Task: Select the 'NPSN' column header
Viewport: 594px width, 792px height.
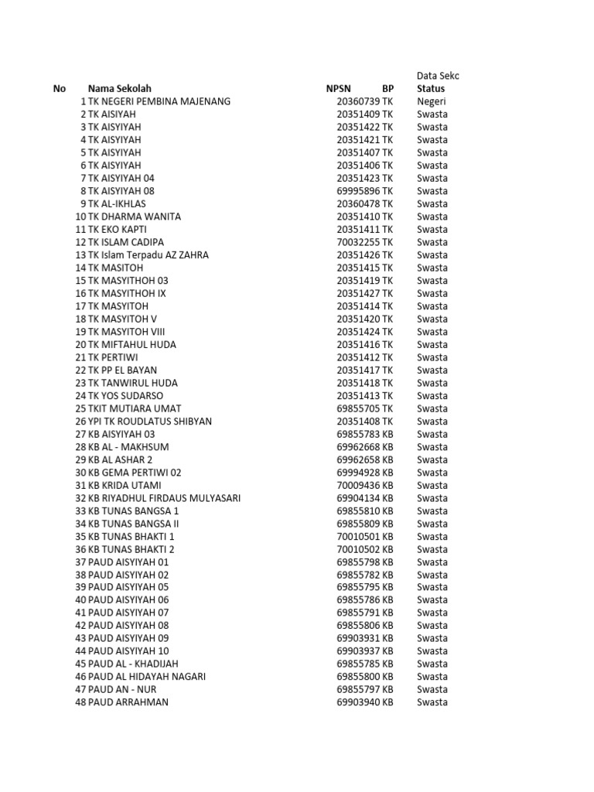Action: coord(338,89)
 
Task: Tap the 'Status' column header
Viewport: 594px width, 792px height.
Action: coord(431,89)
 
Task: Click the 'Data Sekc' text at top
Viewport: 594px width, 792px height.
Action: coord(438,76)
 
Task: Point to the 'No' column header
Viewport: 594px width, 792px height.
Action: coord(60,89)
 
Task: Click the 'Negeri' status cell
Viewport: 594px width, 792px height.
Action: coord(432,101)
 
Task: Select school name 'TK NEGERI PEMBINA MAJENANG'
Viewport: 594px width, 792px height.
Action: coord(159,101)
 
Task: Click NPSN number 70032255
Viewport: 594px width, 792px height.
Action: coord(358,242)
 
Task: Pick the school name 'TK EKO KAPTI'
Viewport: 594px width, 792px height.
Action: coord(117,230)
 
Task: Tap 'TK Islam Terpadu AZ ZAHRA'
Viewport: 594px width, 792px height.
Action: coord(148,255)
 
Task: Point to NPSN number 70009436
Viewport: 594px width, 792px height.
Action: coord(358,486)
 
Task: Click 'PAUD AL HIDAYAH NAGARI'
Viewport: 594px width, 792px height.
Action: coord(147,677)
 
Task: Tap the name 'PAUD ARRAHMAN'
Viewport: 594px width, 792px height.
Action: coord(128,702)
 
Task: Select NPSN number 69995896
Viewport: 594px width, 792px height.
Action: coord(358,191)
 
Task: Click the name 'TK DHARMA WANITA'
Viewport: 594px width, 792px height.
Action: coord(134,217)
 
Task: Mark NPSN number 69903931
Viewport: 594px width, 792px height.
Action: coord(358,638)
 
